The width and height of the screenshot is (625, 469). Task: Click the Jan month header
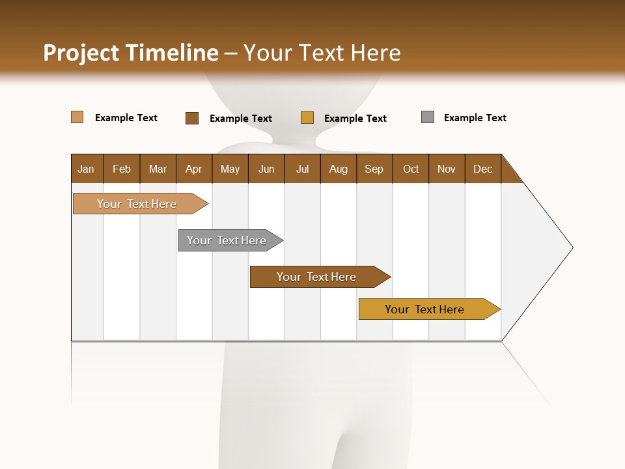click(87, 169)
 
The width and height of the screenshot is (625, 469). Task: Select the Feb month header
click(122, 169)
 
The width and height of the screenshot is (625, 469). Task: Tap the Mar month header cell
click(158, 169)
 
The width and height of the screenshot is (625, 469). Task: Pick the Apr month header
click(194, 169)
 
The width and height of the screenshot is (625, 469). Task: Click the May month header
click(230, 169)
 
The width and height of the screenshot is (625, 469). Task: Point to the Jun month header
click(266, 169)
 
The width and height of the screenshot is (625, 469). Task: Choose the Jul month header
click(302, 169)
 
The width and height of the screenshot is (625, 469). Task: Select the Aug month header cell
click(339, 169)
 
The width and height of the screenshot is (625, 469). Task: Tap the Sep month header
click(374, 169)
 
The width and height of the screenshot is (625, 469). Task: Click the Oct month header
click(411, 169)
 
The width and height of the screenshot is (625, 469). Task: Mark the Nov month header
click(447, 169)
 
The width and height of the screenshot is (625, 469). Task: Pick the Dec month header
click(483, 169)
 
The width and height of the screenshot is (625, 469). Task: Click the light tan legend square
click(77, 117)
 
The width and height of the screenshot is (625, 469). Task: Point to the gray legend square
click(428, 117)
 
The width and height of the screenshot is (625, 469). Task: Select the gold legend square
click(307, 118)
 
